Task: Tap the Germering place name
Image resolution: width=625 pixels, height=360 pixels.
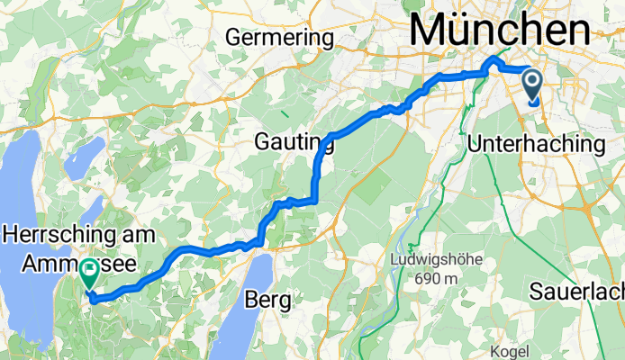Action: click(x=279, y=39)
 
